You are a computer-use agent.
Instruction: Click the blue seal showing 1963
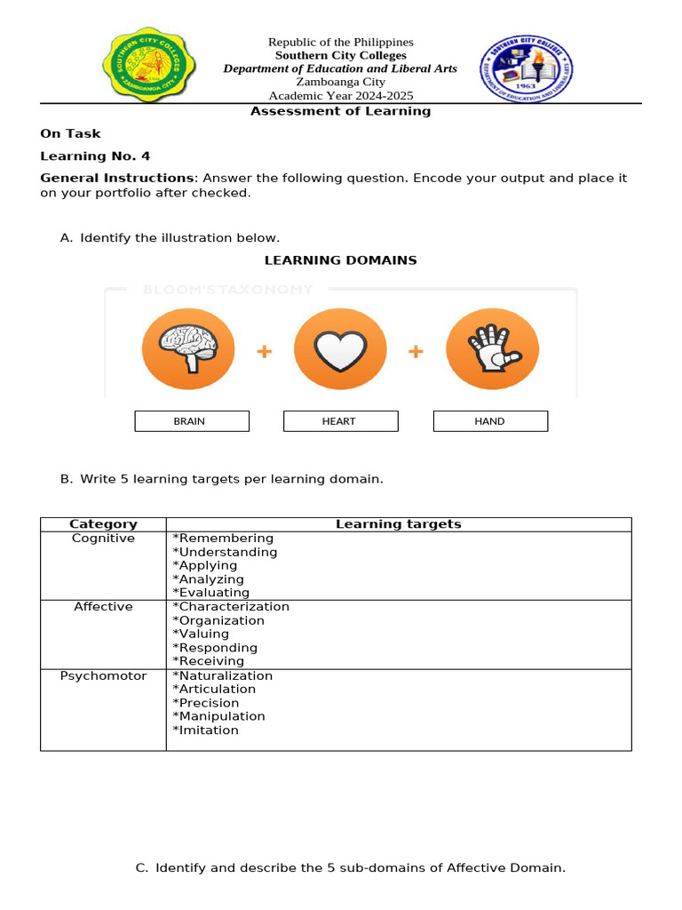click(526, 70)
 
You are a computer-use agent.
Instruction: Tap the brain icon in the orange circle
click(187, 348)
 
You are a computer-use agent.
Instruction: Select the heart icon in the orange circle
click(340, 348)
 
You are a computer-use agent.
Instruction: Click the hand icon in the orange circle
click(492, 348)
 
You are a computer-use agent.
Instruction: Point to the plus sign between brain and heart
click(264, 352)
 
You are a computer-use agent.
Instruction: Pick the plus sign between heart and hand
click(416, 352)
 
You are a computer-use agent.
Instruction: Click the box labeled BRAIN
click(192, 421)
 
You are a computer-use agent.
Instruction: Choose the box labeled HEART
click(340, 421)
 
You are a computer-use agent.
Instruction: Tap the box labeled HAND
click(490, 421)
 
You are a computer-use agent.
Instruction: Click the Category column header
click(103, 524)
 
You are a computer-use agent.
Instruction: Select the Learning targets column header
click(398, 524)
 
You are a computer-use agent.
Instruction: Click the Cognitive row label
click(103, 539)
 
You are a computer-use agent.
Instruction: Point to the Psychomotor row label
click(103, 676)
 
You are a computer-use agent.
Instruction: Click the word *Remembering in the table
click(223, 539)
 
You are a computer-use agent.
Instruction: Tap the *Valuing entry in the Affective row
click(201, 635)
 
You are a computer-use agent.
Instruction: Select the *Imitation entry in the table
click(205, 730)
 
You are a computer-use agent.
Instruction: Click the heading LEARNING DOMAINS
click(340, 260)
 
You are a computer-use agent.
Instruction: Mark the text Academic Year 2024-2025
click(341, 96)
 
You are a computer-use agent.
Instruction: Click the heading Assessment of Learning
click(340, 112)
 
